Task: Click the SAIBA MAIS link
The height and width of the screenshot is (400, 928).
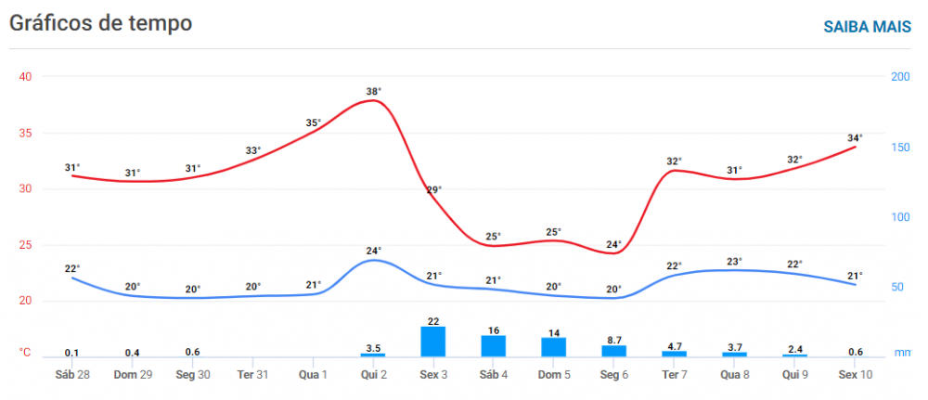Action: tap(867, 26)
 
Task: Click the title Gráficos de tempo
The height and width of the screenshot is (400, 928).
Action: tap(101, 23)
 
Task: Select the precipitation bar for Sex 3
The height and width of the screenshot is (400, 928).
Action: tap(433, 342)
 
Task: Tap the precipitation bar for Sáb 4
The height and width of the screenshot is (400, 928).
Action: tap(494, 345)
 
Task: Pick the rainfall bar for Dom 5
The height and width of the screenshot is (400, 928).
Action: tap(554, 346)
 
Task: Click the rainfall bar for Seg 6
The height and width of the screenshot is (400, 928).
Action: tap(613, 351)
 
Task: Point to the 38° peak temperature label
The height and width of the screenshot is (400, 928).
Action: tap(374, 91)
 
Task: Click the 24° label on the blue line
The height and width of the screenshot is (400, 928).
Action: tap(374, 251)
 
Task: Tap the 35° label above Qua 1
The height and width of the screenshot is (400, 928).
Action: tap(314, 123)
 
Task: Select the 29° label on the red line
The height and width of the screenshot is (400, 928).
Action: tap(433, 190)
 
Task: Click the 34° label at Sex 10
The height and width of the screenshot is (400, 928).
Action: tap(855, 138)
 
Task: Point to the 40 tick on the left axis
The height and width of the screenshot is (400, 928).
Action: tap(26, 77)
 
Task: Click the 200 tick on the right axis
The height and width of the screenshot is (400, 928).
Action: tap(900, 77)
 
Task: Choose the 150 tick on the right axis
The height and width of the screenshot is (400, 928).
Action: tap(900, 147)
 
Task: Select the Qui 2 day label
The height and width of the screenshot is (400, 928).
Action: tap(374, 374)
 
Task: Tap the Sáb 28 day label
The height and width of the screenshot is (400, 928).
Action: tap(72, 374)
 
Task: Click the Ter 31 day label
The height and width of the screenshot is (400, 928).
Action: tap(253, 374)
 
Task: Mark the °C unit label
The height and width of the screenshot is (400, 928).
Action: tap(25, 353)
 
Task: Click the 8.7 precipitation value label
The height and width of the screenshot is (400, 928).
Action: tap(613, 341)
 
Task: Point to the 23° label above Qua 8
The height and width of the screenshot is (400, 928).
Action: tap(735, 262)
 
